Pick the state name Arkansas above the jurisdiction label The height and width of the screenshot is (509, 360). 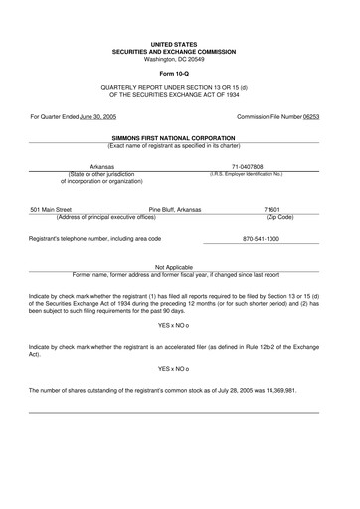(x=102, y=167)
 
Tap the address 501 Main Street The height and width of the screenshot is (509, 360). (x=51, y=210)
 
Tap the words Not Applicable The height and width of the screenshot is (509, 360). (x=174, y=267)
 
